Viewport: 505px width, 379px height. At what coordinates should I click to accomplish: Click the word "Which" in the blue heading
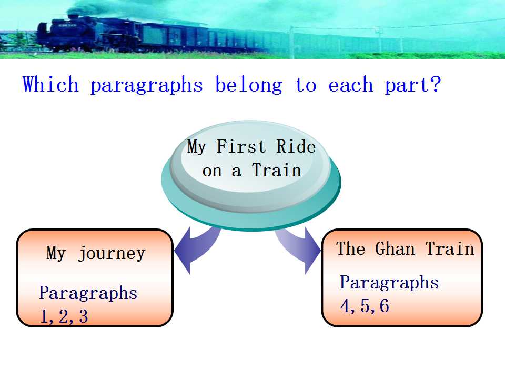[x=50, y=84]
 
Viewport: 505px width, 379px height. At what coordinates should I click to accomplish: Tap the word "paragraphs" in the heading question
[x=147, y=86]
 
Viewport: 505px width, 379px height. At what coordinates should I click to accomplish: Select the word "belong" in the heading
[x=249, y=85]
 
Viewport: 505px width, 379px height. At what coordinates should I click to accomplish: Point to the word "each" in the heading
[x=350, y=85]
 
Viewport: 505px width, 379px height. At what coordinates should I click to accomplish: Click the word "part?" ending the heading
[x=412, y=85]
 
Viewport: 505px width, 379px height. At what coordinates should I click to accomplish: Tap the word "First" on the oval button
[x=241, y=146]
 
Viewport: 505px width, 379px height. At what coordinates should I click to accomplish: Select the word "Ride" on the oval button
[x=296, y=146]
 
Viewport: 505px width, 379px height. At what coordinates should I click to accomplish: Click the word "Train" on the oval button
[x=277, y=170]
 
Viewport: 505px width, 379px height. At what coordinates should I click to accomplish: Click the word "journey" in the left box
[x=112, y=254]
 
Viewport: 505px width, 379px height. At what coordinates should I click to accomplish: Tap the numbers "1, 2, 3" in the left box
[x=64, y=316]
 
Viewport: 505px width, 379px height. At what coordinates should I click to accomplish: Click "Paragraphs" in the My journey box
[x=88, y=293]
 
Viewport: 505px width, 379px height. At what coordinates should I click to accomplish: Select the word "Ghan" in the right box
[x=395, y=249]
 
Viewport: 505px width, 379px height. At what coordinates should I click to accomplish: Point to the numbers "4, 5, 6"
[x=365, y=306]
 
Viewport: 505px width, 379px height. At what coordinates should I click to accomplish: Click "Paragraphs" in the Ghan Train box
[x=389, y=283]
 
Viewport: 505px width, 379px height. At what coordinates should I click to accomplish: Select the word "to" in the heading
[x=306, y=85]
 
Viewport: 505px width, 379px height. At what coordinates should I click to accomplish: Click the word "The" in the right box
[x=350, y=249]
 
